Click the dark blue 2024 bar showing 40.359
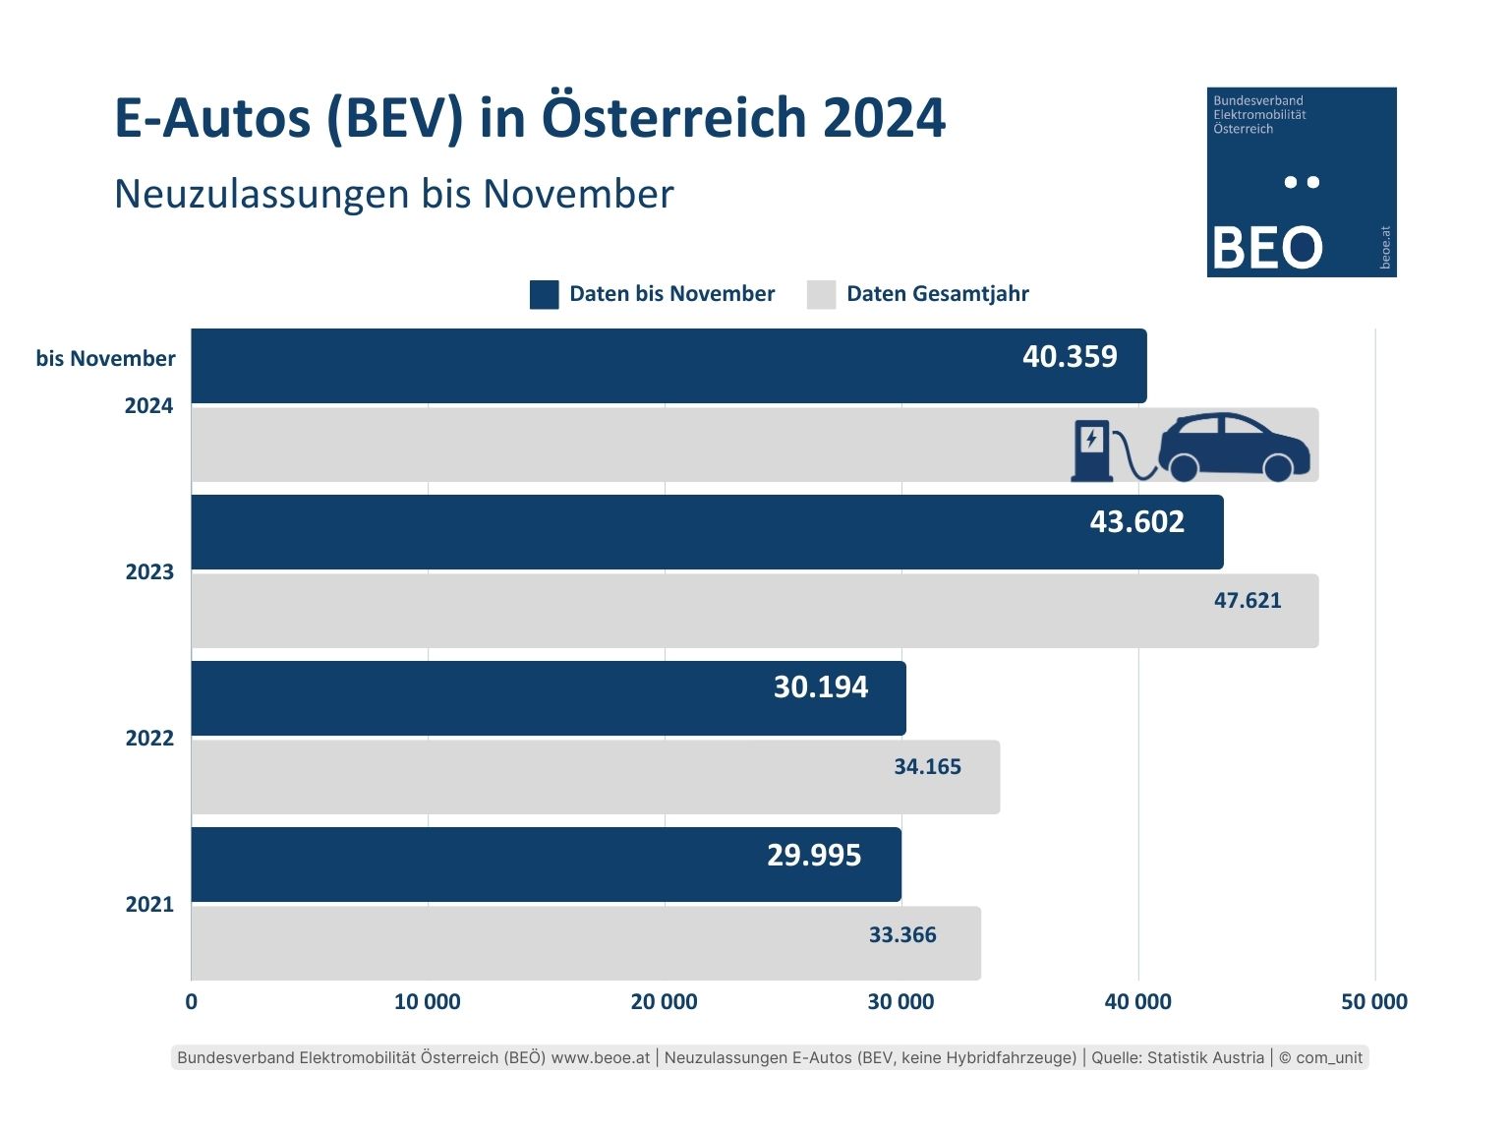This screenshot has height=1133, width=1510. click(668, 366)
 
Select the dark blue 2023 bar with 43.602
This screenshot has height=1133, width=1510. click(707, 532)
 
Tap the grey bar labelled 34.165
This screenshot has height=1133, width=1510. click(595, 777)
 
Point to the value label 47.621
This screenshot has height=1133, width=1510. click(1248, 601)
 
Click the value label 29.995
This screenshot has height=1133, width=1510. click(814, 856)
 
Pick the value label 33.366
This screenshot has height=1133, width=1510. click(902, 935)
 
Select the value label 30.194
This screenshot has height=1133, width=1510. click(821, 687)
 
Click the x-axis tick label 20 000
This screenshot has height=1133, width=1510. click(664, 1002)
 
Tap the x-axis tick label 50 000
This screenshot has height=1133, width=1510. click(1374, 1002)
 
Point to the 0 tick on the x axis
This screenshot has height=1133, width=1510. click(191, 1002)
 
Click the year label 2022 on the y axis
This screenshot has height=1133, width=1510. click(149, 739)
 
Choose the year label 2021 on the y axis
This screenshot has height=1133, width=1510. click(149, 905)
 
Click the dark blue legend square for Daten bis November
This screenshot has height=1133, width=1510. click(544, 294)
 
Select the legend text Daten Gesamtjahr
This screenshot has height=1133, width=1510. click(937, 294)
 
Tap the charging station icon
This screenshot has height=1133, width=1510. click(1091, 450)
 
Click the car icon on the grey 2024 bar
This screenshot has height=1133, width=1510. click(1234, 447)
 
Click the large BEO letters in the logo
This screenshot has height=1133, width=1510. click(1267, 248)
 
